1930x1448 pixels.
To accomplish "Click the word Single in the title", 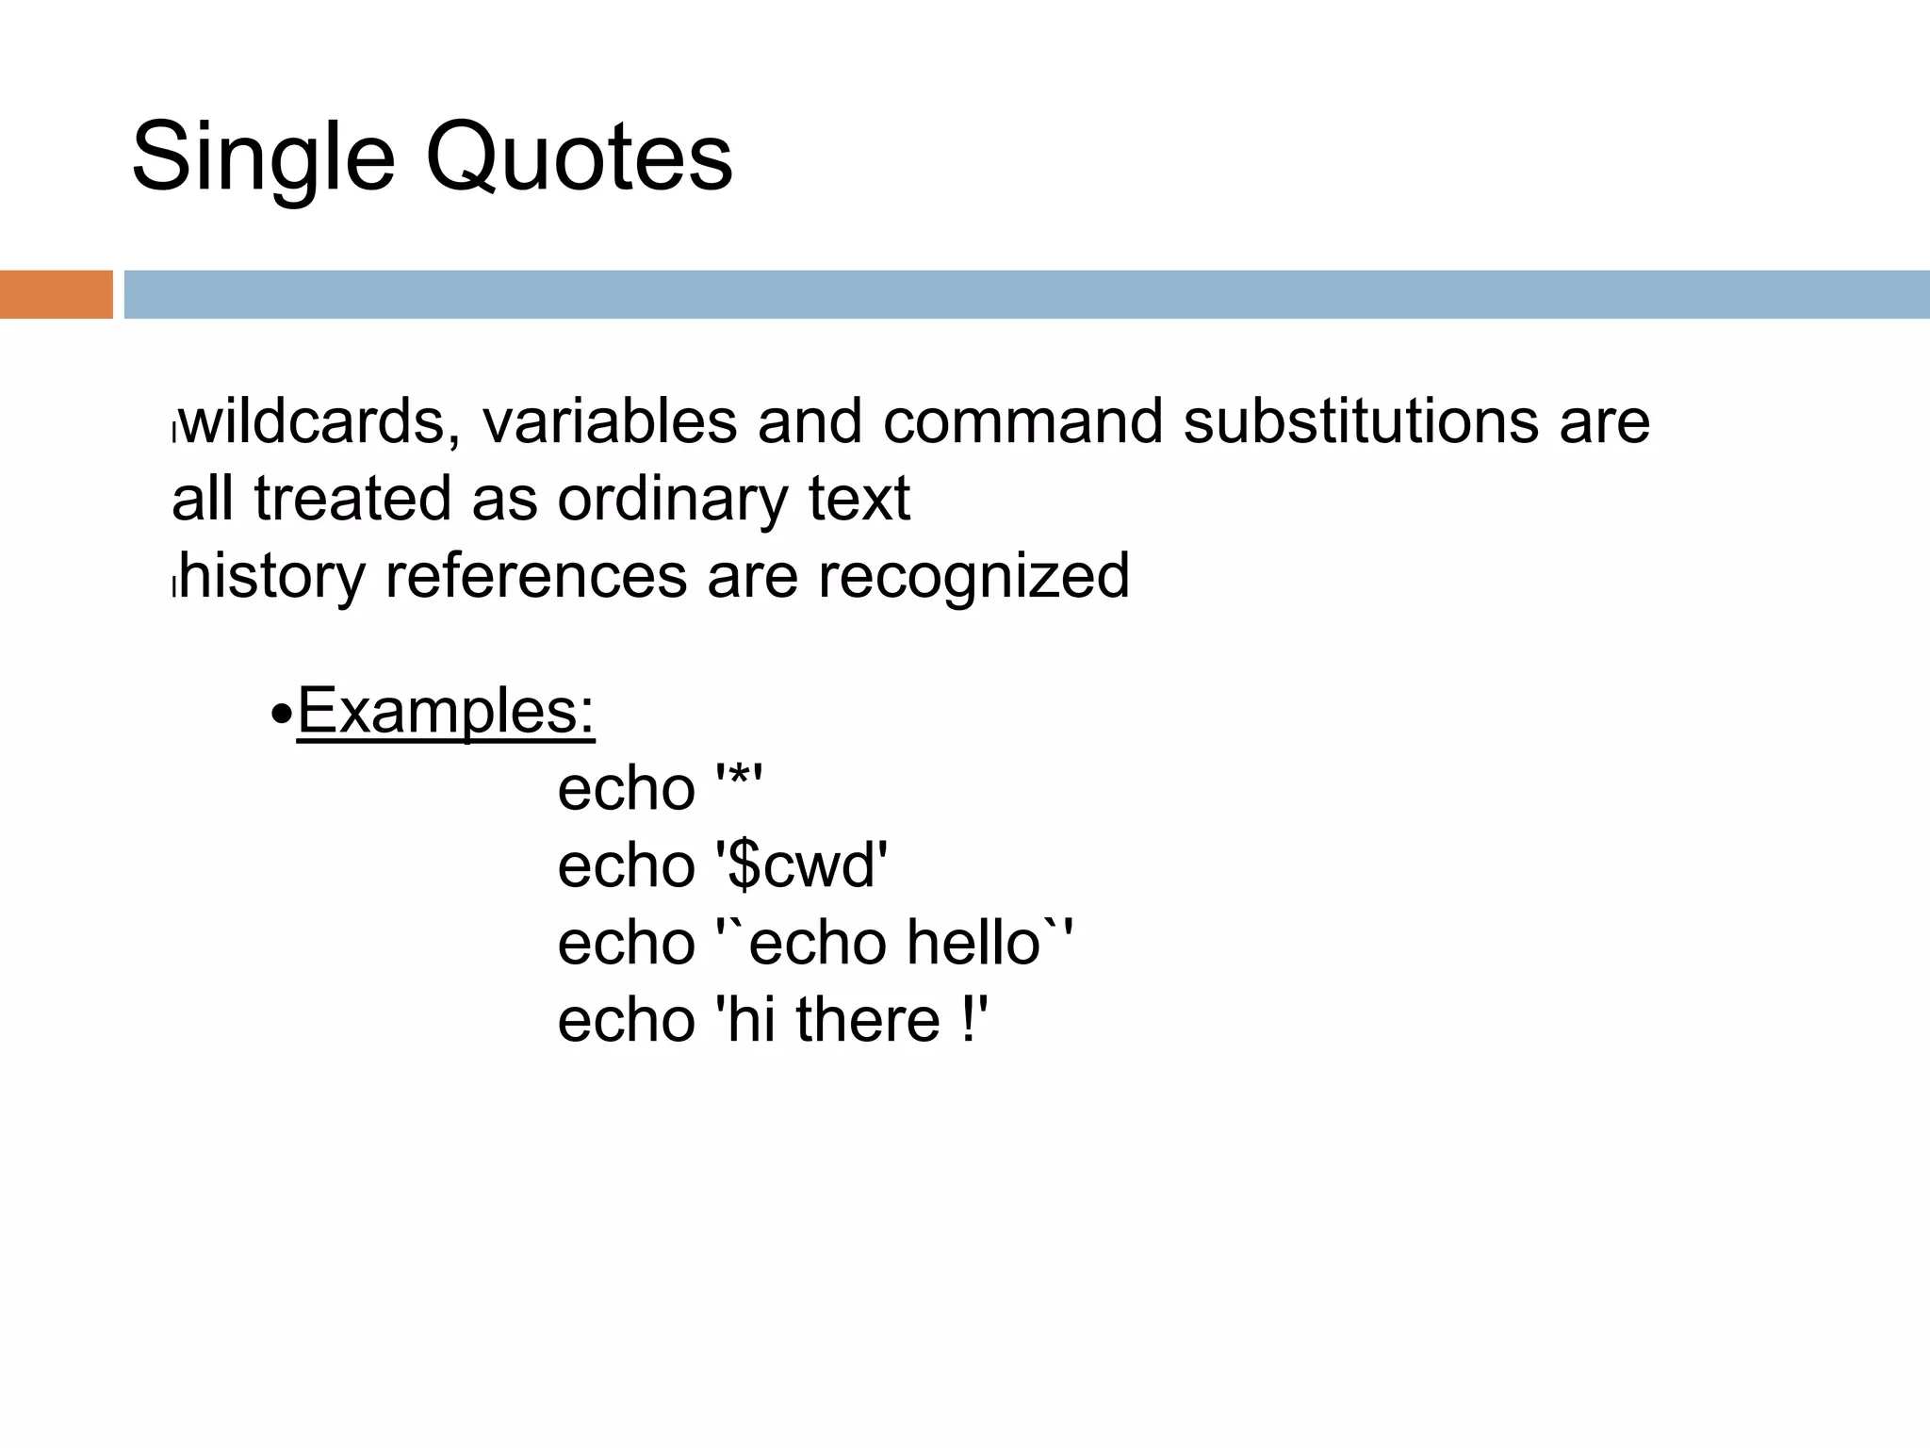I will [263, 158].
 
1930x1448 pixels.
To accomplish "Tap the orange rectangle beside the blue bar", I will [56, 294].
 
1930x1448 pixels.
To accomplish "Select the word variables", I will [610, 421].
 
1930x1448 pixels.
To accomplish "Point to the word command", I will [1022, 421].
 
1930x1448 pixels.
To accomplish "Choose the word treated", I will [352, 499].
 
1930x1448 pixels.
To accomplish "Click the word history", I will [272, 577].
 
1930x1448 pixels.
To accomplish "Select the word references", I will [536, 577].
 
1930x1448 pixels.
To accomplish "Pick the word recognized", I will [973, 577].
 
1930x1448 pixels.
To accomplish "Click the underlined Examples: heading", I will [446, 711].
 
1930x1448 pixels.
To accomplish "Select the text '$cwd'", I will [802, 866].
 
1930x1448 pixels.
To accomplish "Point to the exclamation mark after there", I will [970, 1021].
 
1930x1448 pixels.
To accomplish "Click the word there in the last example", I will [868, 1021].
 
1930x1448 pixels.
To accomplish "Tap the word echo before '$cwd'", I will [626, 866].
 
